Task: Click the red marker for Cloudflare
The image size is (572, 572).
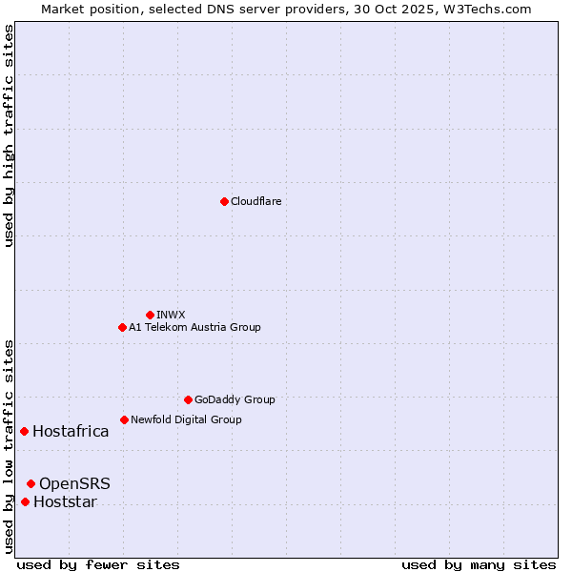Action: [224, 201]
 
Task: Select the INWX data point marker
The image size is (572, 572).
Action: [150, 315]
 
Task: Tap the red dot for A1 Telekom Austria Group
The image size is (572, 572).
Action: [122, 327]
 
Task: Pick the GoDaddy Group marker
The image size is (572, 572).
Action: [188, 399]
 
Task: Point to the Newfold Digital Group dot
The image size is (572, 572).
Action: [124, 419]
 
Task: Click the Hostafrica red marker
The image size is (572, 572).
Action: [24, 431]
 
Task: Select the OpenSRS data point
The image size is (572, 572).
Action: [31, 483]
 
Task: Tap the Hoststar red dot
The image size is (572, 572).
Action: [25, 501]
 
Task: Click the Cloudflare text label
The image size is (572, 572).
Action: [255, 201]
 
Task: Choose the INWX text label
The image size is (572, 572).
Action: [171, 315]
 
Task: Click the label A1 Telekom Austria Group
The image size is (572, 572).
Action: [194, 327]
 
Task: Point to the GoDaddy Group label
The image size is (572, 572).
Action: [235, 399]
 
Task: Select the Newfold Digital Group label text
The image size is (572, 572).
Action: [186, 419]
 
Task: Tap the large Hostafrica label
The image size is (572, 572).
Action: [71, 431]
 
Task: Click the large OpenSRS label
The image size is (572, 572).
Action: [74, 483]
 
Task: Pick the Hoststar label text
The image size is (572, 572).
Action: [65, 501]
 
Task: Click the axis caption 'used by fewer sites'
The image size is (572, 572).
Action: [98, 564]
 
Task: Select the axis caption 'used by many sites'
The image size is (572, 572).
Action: [479, 564]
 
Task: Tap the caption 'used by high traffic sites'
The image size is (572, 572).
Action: [9, 135]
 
